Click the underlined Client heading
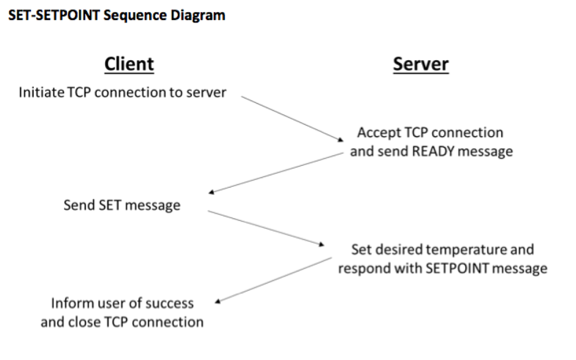point(129,64)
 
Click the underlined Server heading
point(421,64)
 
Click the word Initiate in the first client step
point(41,92)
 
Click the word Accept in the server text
point(379,133)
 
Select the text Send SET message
point(121,205)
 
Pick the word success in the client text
point(169,303)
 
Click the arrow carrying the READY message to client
point(276,172)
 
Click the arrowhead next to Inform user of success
point(218,301)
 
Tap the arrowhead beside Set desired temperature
point(322,244)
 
